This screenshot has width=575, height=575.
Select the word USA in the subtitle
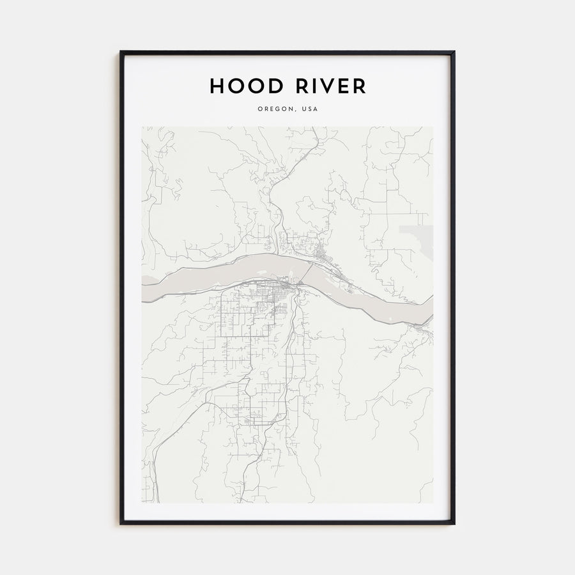pyautogui.click(x=310, y=109)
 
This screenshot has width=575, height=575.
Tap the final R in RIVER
pyautogui.click(x=360, y=86)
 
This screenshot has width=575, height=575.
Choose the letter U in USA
pyautogui.click(x=304, y=109)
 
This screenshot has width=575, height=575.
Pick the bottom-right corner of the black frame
pyautogui.click(x=454, y=523)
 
